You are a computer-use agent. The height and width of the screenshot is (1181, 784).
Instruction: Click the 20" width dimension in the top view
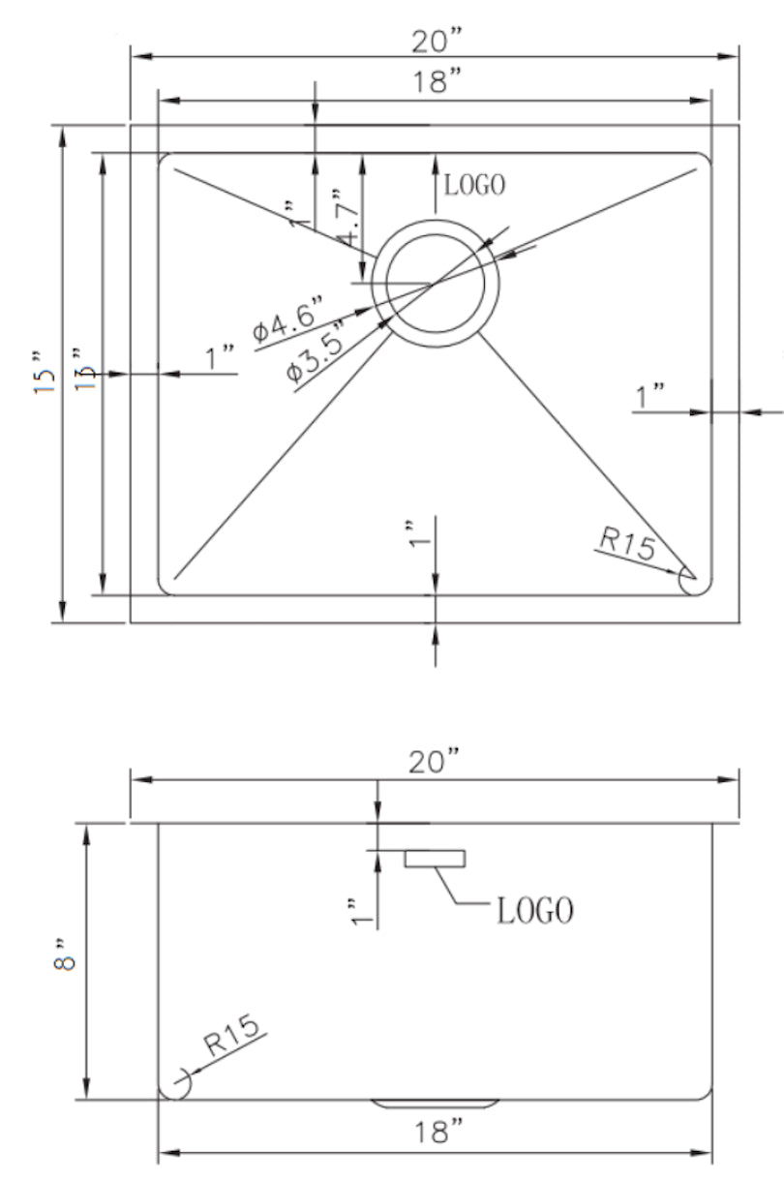point(435,41)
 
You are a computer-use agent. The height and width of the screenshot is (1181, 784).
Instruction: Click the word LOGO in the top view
point(474,185)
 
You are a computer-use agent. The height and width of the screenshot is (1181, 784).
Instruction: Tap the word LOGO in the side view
point(535,910)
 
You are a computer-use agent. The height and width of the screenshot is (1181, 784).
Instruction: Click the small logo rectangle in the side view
point(436,859)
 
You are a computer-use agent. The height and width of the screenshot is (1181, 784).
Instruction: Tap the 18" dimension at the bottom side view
point(435,1131)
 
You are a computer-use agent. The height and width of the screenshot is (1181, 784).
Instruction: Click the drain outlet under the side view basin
point(435,1104)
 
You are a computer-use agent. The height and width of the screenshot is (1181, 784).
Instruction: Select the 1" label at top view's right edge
point(649,395)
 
